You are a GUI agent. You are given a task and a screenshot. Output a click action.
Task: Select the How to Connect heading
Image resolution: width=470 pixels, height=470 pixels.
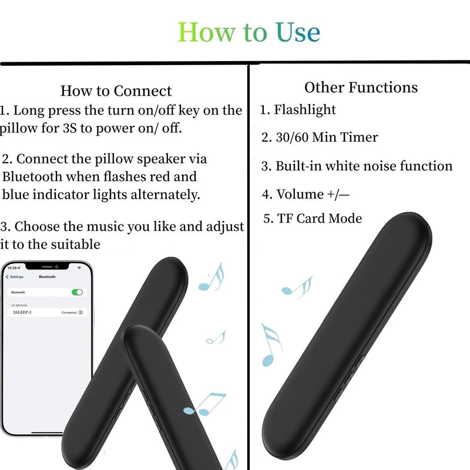(x=116, y=91)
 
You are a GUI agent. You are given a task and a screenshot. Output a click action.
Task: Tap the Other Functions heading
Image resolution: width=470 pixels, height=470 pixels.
(x=361, y=88)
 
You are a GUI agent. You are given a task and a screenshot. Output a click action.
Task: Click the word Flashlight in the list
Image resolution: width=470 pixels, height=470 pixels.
(x=305, y=110)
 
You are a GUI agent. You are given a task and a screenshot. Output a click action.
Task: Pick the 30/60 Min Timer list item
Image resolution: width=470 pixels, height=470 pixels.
(x=320, y=137)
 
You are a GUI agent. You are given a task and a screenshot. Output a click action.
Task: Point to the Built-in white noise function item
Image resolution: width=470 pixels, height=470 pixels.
(x=357, y=166)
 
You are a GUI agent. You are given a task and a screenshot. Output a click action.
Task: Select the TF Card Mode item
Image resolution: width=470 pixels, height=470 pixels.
(x=313, y=219)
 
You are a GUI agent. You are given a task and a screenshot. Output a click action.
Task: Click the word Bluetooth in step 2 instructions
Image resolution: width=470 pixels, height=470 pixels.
(x=33, y=176)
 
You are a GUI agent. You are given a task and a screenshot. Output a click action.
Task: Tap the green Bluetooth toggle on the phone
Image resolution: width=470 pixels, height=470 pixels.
(x=77, y=292)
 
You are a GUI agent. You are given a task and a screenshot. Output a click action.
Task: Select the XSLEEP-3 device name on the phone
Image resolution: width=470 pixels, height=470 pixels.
(x=22, y=313)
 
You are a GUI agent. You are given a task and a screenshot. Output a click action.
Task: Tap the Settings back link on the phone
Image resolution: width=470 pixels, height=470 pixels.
(x=15, y=277)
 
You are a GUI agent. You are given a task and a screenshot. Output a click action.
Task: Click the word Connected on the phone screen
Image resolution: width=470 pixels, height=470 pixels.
(x=69, y=313)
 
